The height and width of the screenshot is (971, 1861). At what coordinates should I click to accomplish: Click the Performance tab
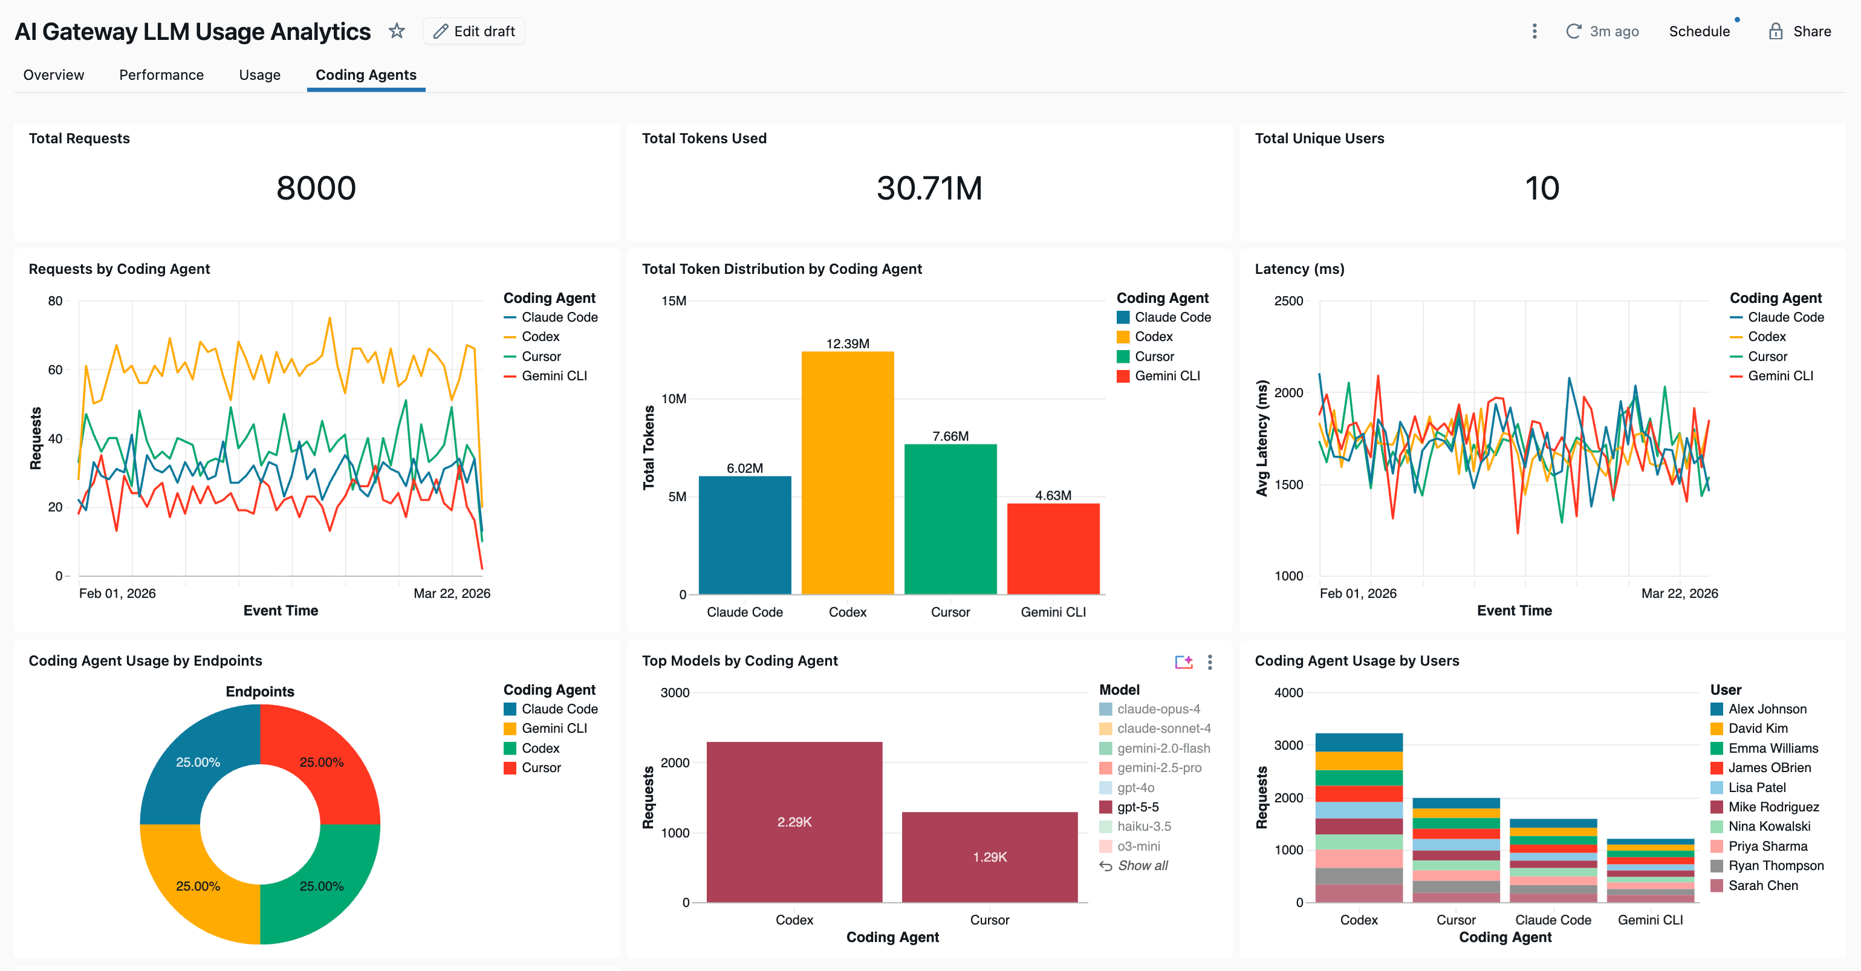(161, 75)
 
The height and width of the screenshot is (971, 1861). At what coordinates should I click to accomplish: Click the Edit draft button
(474, 31)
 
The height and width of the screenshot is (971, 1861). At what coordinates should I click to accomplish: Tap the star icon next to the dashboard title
(397, 31)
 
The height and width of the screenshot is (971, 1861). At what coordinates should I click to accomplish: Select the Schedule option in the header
(1699, 31)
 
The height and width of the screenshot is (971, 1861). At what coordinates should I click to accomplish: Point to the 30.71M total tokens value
(929, 188)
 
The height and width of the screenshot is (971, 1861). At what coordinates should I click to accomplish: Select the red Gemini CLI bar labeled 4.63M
(1053, 549)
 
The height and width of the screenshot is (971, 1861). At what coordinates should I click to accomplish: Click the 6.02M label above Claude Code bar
(744, 468)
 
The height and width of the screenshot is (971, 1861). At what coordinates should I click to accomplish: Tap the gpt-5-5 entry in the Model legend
(1137, 807)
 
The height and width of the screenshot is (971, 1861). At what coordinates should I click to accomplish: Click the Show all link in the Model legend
(1142, 866)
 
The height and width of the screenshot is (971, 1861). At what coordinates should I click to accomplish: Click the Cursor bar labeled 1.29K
(989, 857)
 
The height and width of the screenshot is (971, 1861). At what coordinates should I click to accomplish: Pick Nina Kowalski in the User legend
(1768, 826)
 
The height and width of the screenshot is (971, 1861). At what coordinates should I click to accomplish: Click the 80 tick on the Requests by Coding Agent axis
(55, 301)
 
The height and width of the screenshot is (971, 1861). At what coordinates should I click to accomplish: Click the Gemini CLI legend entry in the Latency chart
(1779, 375)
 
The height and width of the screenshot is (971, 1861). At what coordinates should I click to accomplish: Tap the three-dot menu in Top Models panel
(1210, 662)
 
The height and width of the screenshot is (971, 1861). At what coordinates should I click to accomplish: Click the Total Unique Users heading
(1319, 138)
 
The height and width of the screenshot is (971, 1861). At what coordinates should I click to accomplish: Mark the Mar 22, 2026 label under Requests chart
(452, 593)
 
